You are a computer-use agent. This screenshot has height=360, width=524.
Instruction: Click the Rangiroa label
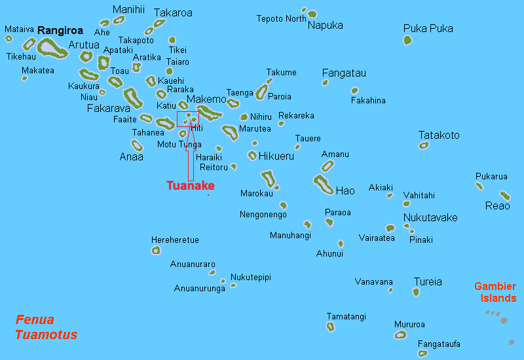click(x=61, y=30)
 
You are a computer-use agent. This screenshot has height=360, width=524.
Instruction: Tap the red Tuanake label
click(x=190, y=185)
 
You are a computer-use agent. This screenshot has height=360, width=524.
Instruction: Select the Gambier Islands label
click(x=495, y=292)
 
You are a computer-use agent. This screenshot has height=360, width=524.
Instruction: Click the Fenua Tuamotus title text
click(x=46, y=327)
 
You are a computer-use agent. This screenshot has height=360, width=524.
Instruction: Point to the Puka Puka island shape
click(x=407, y=41)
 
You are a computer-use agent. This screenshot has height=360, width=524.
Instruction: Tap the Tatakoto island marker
click(x=424, y=145)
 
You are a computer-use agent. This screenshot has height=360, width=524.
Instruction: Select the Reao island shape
click(x=504, y=195)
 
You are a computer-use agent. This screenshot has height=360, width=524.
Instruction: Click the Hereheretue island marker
click(x=156, y=249)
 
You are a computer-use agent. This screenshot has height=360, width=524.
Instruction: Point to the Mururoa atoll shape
click(x=400, y=334)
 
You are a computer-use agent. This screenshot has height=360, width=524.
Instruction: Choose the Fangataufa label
click(x=439, y=344)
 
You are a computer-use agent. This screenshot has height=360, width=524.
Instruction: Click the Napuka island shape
click(x=312, y=14)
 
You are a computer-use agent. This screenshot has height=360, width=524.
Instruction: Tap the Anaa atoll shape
click(x=137, y=145)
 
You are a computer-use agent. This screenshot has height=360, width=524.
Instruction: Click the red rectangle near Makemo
click(x=188, y=118)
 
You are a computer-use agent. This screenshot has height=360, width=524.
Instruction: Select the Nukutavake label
click(x=430, y=217)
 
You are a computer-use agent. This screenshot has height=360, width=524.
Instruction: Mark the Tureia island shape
click(x=416, y=292)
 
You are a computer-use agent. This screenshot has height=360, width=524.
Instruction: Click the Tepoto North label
click(x=281, y=19)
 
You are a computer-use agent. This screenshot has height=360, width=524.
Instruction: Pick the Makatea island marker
click(x=25, y=79)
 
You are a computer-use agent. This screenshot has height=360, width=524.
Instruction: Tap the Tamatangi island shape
click(x=330, y=326)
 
